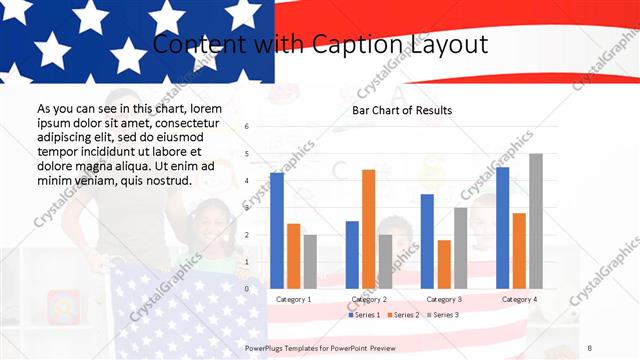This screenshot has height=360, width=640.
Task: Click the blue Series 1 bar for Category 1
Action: [277, 230]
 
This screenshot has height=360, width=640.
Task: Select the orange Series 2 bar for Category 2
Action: [368, 229]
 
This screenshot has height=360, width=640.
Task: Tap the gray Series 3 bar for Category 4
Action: [536, 221]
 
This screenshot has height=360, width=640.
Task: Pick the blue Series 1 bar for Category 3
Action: [427, 241]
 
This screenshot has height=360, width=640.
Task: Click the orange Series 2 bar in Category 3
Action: [443, 264]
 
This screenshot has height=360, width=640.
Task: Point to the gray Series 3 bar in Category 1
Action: [310, 261]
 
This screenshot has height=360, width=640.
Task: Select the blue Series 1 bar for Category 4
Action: [502, 227]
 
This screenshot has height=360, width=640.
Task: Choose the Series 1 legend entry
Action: [363, 315]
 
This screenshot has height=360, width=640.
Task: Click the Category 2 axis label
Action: [368, 299]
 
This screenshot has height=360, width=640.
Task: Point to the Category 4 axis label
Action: [519, 299]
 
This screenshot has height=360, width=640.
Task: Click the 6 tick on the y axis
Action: [247, 127]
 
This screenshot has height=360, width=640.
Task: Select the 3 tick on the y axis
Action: [247, 208]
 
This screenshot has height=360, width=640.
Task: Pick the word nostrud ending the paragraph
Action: [163, 181]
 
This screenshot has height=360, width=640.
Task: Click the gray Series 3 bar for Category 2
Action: [386, 261]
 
